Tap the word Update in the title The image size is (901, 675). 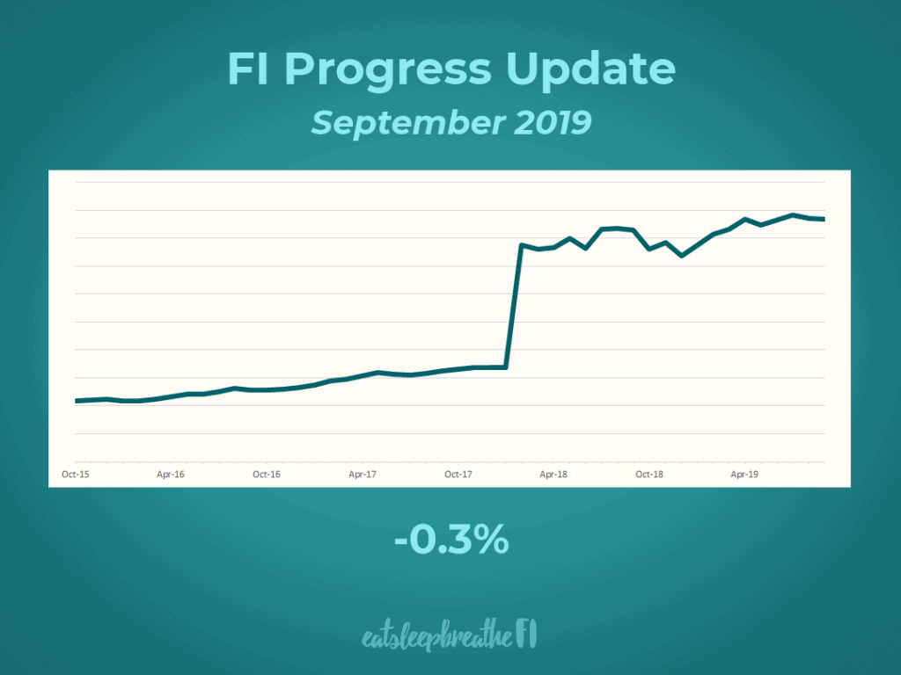596,70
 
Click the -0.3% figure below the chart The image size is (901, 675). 450,540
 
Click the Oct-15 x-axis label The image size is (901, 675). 75,474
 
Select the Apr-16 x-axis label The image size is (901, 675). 171,474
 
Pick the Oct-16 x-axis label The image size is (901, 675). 267,474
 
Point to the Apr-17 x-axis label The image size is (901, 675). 363,474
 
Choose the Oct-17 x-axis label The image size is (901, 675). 458,474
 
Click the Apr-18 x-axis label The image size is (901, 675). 553,474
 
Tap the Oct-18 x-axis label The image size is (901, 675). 649,474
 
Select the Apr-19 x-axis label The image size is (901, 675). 745,474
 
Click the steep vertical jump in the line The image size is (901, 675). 514,308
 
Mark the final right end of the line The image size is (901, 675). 824,219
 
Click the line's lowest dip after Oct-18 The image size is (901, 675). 681,256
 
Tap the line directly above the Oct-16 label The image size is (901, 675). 267,389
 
